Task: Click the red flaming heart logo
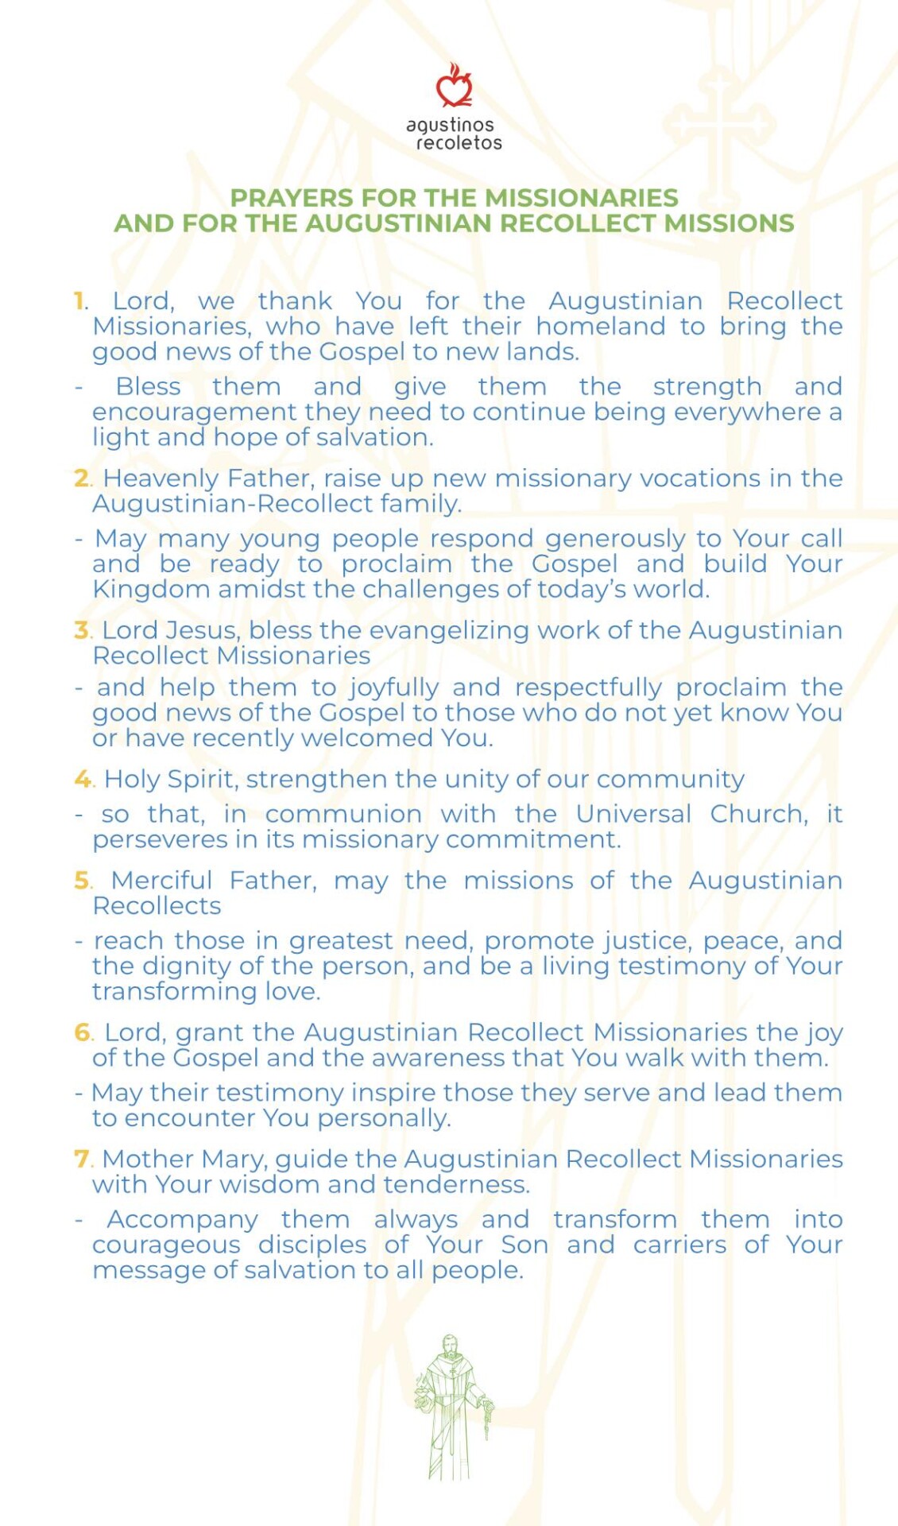pyautogui.click(x=454, y=87)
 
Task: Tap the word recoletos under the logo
pyautogui.click(x=459, y=143)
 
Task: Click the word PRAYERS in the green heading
pyautogui.click(x=291, y=198)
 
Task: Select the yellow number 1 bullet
pyautogui.click(x=79, y=301)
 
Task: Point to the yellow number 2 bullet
pyautogui.click(x=82, y=478)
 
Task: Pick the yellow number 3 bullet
pyautogui.click(x=82, y=630)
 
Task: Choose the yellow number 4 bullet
pyautogui.click(x=83, y=779)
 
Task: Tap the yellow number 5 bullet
pyautogui.click(x=83, y=881)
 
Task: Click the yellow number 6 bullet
pyautogui.click(x=83, y=1032)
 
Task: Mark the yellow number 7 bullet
pyautogui.click(x=82, y=1159)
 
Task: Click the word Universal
pyautogui.click(x=633, y=814)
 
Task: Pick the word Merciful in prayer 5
pyautogui.click(x=161, y=881)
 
